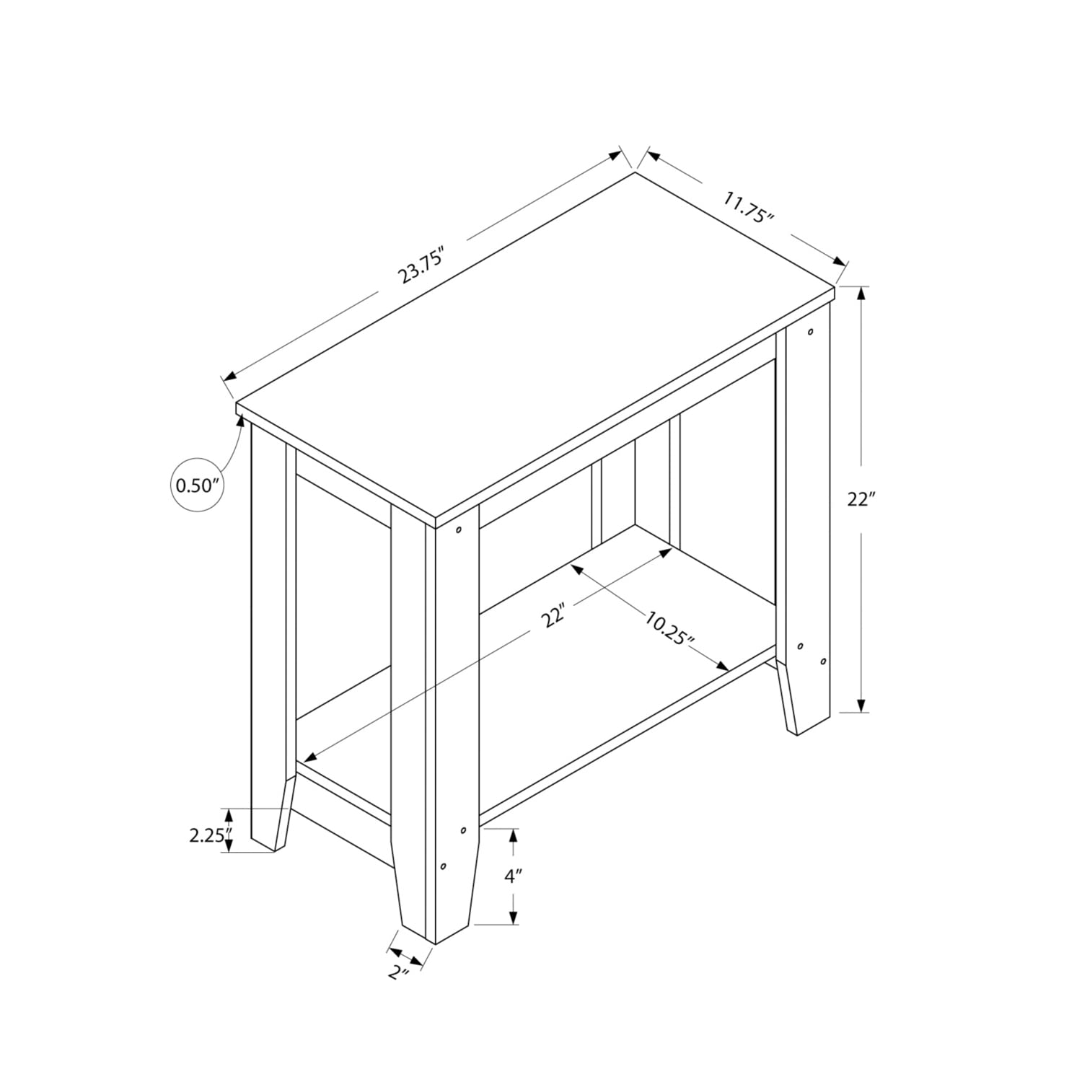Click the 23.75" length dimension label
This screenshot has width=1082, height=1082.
coord(422,265)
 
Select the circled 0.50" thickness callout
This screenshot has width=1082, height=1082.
coord(196,485)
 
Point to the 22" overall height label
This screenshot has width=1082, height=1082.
coord(861,499)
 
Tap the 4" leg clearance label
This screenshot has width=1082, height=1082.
coord(513,877)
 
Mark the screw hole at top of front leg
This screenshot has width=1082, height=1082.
coord(458,531)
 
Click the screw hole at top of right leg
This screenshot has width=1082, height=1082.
coord(811,333)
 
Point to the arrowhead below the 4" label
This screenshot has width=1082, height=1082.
coord(513,916)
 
